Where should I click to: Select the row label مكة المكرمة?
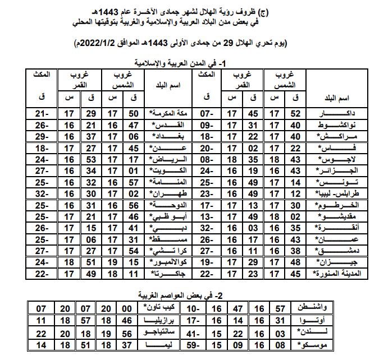[169, 113]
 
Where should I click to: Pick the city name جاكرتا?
[168, 274]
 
